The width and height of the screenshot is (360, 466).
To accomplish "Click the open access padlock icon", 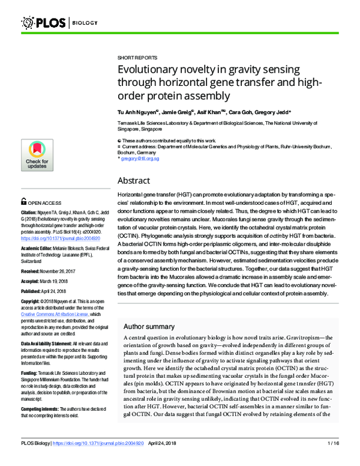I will coord(23,203).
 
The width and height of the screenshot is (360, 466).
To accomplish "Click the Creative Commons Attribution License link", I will coord(55,314).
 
